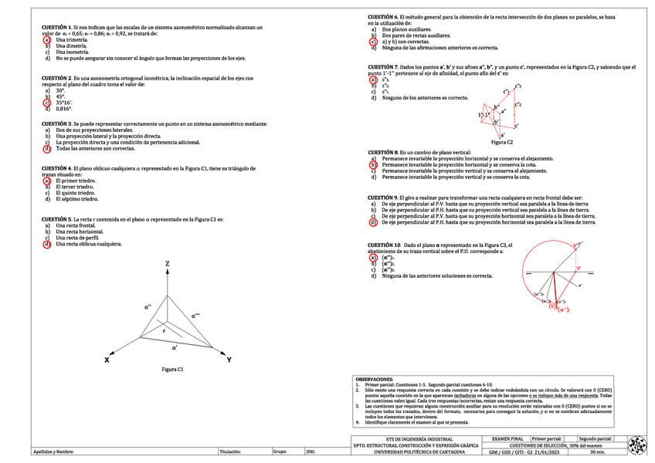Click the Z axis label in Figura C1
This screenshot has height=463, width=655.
tap(167, 265)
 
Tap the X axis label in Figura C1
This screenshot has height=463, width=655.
tap(107, 360)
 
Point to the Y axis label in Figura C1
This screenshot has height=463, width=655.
tap(229, 360)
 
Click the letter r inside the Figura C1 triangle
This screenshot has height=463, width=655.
tap(163, 330)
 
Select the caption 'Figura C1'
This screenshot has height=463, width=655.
tap(172, 370)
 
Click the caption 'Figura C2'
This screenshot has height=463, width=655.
tap(502, 142)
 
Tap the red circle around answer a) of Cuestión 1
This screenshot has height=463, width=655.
tap(47, 39)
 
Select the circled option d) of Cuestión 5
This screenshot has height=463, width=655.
tap(47, 244)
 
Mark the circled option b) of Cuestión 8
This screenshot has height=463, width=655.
tap(373, 164)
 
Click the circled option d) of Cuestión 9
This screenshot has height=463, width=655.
tap(373, 222)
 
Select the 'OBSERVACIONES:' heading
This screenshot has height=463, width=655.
tap(374, 380)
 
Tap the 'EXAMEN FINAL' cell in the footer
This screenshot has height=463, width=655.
tap(507, 438)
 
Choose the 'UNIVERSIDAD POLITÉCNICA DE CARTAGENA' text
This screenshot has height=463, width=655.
tap(419, 451)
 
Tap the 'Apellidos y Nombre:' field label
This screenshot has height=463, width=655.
tap(53, 451)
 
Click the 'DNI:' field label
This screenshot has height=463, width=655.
tap(311, 451)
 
